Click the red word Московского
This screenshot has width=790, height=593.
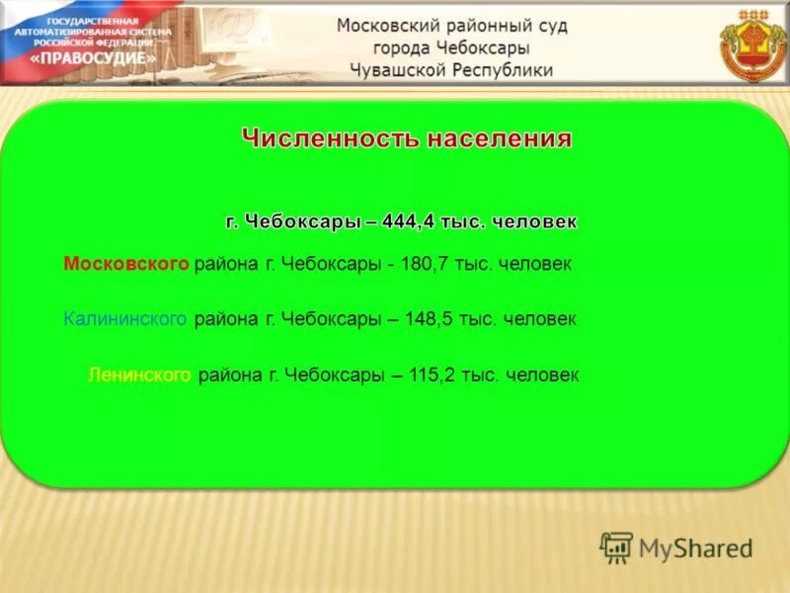pos(125,265)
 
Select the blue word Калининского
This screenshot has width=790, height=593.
pos(125,320)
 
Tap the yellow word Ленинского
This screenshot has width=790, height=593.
pos(139,376)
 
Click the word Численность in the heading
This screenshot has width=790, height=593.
pos(330,138)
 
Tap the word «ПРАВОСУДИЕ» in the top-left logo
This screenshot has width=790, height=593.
pos(108,58)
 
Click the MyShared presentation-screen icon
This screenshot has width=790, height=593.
pos(616,548)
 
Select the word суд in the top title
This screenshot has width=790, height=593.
pos(548,26)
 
